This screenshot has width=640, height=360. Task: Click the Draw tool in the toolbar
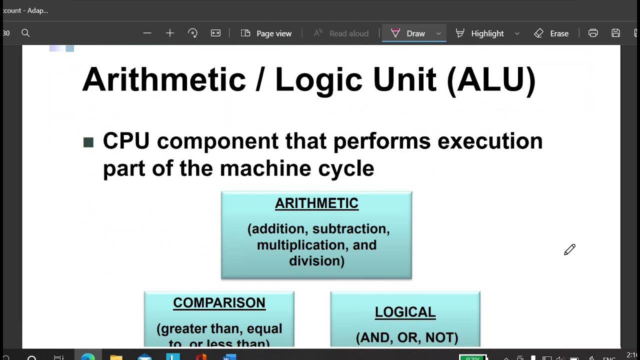409,33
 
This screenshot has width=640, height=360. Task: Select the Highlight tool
480,33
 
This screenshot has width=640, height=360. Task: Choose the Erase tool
551,33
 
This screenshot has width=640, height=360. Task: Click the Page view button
266,33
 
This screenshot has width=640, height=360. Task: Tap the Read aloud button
341,33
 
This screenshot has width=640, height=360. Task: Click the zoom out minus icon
147,33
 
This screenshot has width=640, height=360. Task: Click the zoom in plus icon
170,33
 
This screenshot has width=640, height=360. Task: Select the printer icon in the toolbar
593,33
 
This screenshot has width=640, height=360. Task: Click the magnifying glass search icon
25,33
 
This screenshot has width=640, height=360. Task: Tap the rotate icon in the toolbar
192,33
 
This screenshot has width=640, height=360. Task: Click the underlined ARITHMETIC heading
316,203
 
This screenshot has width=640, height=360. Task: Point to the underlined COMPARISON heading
219,303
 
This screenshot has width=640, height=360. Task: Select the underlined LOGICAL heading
405,312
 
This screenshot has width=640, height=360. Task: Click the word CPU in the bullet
126,141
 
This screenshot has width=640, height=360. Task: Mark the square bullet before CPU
88,142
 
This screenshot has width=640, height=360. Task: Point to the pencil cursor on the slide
569,250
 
